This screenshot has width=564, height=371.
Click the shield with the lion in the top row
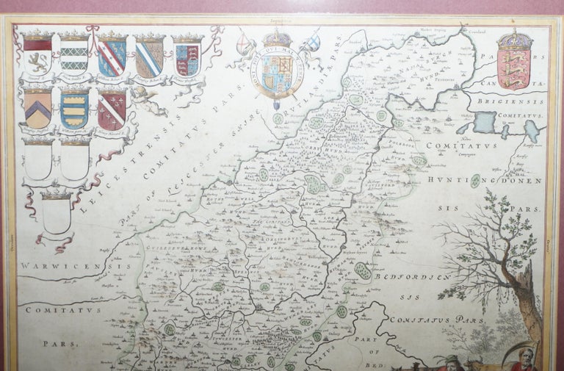37,56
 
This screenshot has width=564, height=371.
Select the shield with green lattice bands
74,55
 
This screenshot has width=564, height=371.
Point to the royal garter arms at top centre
278,70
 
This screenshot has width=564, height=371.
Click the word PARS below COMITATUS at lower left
54,342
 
